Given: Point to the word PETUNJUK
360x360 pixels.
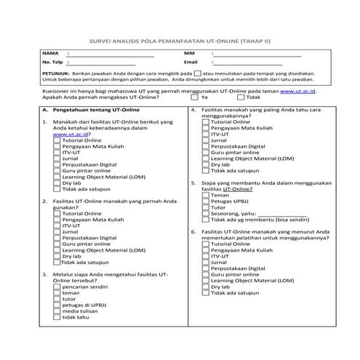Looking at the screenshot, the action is pyautogui.click(x=55, y=74).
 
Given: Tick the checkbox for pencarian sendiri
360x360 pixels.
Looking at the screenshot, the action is pyautogui.click(x=57, y=286).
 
